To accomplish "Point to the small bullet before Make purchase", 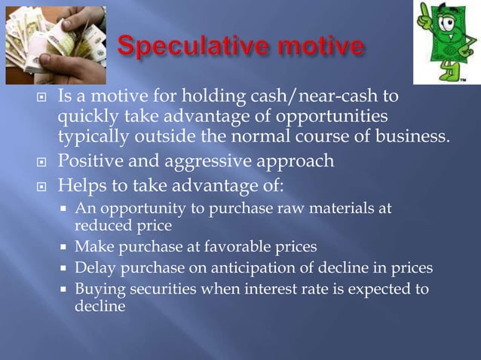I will (x=66, y=246).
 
